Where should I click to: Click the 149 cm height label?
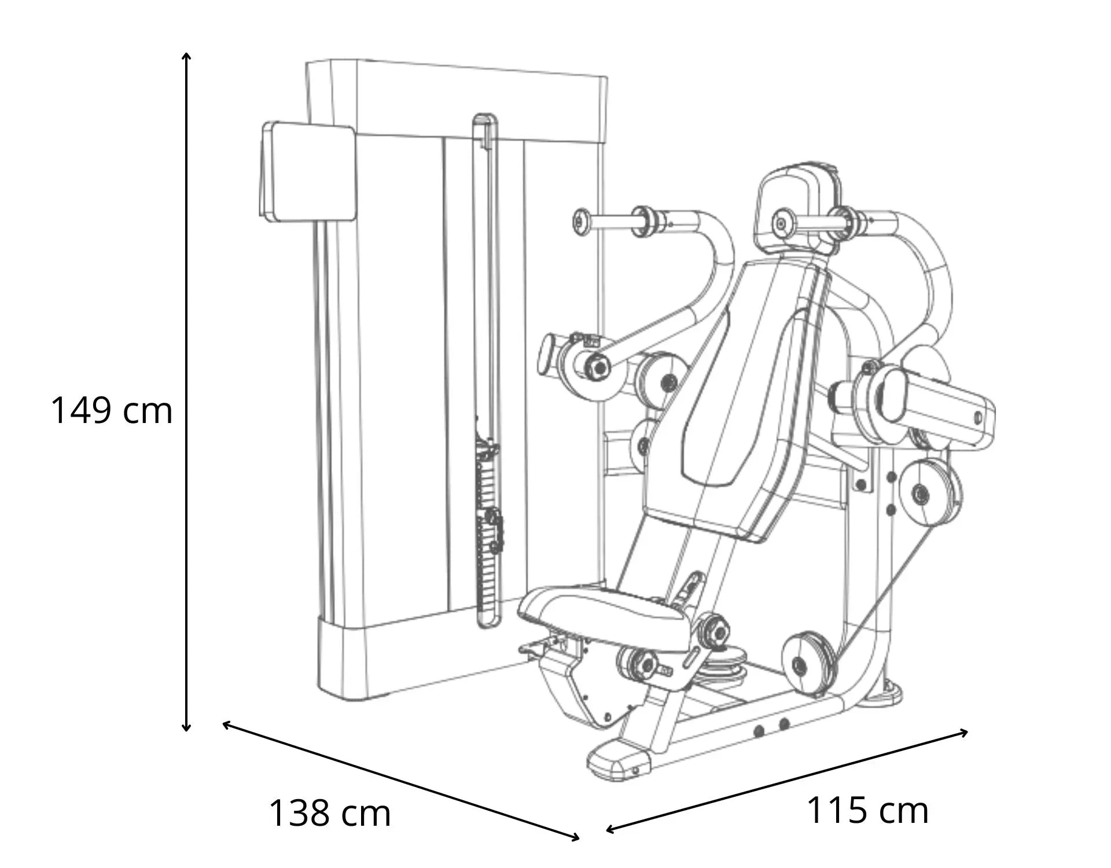coord(112,410)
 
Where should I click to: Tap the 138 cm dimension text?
coord(330,812)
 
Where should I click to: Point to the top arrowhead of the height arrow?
coord(186,57)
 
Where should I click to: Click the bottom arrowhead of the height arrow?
coord(186,727)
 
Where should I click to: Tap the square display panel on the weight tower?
coord(307,171)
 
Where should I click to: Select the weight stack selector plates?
coord(487,521)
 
